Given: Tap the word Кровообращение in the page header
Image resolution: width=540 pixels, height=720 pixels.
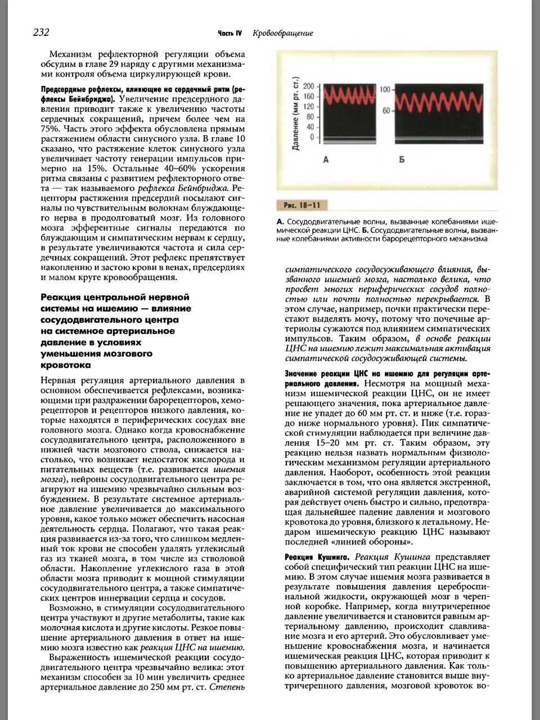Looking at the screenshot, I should click(x=283, y=33).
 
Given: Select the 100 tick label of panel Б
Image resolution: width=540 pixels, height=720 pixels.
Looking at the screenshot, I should click(x=385, y=89).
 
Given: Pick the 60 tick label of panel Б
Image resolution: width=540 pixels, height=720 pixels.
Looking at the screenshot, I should click(x=387, y=111).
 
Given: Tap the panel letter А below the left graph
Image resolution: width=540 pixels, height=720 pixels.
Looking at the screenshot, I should click(x=326, y=160).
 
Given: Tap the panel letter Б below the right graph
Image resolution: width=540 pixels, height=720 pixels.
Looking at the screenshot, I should click(x=402, y=160).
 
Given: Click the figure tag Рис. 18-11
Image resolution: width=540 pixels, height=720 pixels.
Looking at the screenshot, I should click(x=302, y=205).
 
